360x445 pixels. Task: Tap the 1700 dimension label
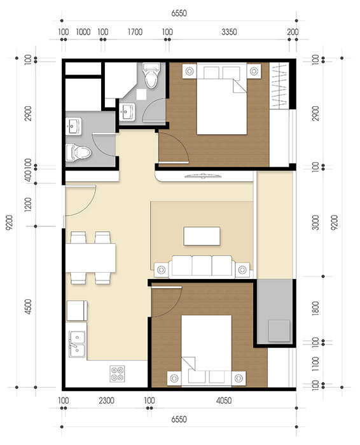(x=135, y=30)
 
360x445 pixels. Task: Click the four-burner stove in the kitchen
(x=118, y=373)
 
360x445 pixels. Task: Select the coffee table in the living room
(x=203, y=236)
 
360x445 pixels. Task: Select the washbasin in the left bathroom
(x=74, y=127)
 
